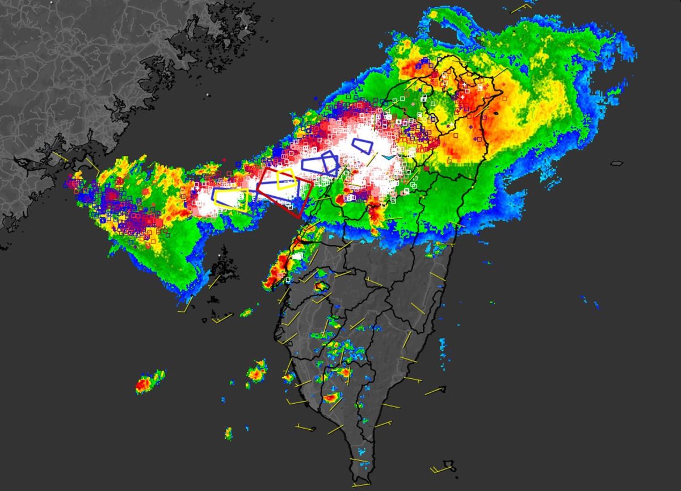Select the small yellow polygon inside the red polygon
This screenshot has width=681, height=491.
click(285, 179)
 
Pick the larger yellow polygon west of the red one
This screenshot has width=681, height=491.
click(230, 200)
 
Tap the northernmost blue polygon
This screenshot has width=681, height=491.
click(362, 146)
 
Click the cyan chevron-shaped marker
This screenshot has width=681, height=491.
click(388, 157)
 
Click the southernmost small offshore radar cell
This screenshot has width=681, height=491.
click(228, 434)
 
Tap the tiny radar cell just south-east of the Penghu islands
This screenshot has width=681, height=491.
click(246, 312)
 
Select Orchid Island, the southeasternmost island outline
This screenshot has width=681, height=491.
click(449, 465)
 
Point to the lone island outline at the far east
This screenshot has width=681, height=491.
click(616, 163)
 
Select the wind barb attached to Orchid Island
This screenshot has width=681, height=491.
click(437, 469)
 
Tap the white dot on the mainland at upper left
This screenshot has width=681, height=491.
click(208, 94)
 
